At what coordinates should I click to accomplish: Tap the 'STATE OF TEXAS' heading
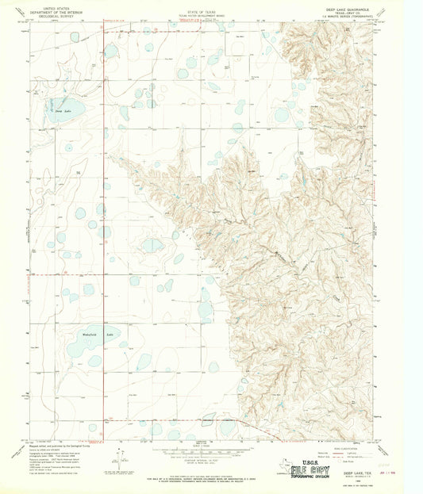click(x=206, y=8)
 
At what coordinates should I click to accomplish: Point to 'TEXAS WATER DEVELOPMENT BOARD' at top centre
click(x=206, y=13)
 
